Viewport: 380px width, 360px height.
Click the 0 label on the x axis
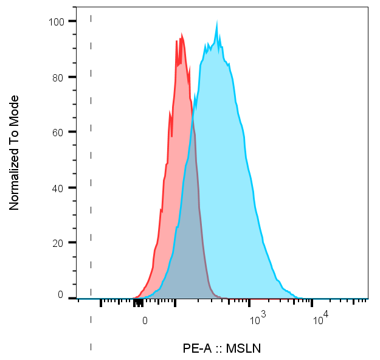pos(145,320)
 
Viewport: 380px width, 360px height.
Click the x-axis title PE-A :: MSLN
pos(222,348)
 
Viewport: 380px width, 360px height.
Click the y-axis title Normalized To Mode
pos(15,153)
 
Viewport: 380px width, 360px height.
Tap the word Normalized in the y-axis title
pos(15,181)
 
